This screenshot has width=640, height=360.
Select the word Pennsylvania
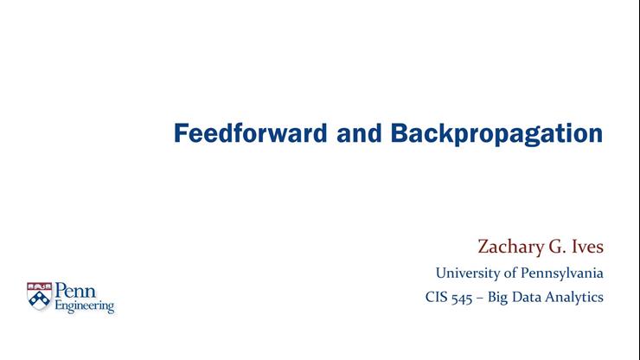(x=560, y=273)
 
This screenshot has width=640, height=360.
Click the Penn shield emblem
(x=40, y=297)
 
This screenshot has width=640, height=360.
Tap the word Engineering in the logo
(x=84, y=306)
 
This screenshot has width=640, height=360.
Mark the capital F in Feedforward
(x=181, y=134)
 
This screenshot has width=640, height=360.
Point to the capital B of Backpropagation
(x=399, y=134)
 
